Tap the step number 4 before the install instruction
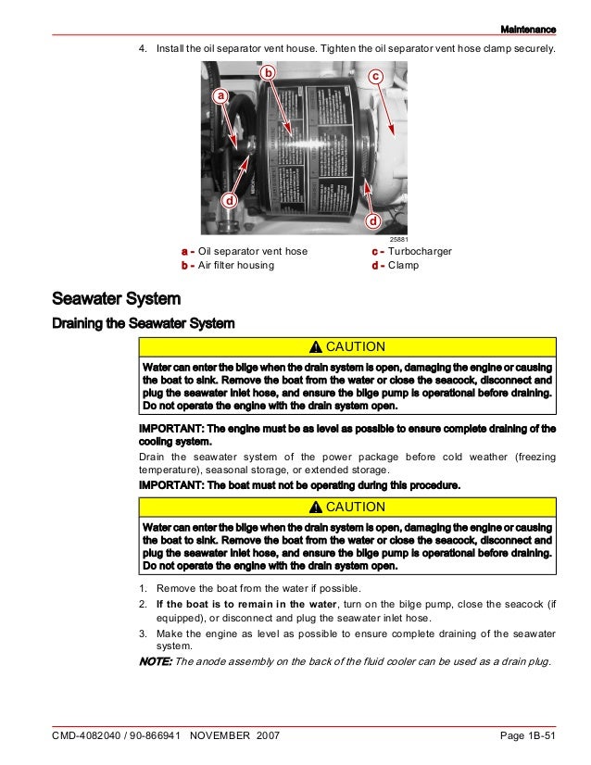[x=143, y=48]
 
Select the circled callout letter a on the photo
[x=220, y=95]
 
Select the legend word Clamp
[x=403, y=265]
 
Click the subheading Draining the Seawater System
[x=143, y=323]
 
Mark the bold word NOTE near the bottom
[x=155, y=661]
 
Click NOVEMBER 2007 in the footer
[x=232, y=735]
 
